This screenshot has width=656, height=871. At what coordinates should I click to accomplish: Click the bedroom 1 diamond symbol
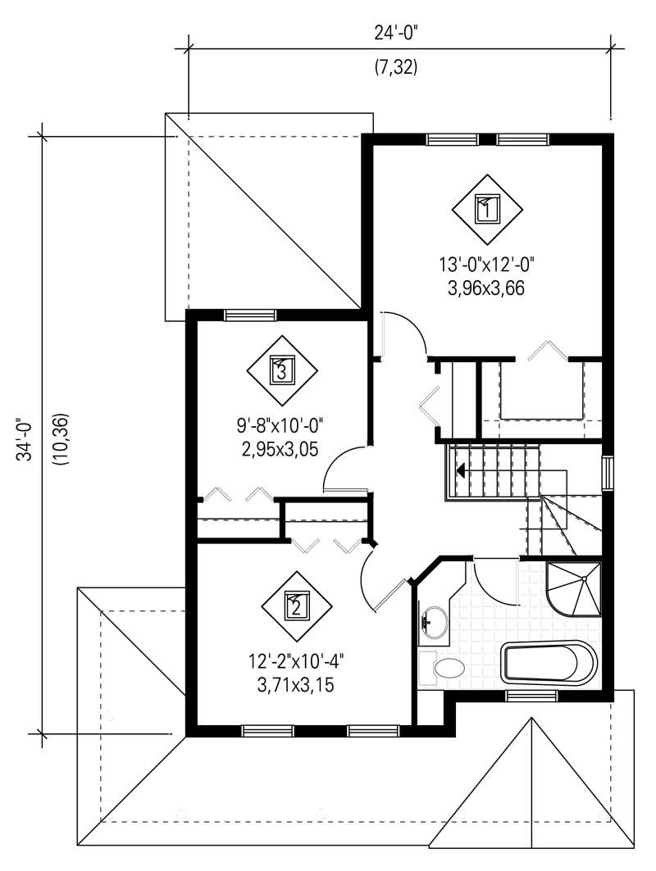click(487, 209)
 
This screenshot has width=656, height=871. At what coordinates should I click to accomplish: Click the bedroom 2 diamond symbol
click(296, 606)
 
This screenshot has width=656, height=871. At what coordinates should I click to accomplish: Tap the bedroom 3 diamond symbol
click(281, 370)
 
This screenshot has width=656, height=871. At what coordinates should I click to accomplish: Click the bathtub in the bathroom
click(550, 662)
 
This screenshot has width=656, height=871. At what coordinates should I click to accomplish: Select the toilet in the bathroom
click(444, 667)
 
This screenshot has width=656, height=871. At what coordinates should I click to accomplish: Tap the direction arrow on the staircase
click(461, 470)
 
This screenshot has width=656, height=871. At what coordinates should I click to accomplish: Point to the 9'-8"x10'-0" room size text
click(281, 426)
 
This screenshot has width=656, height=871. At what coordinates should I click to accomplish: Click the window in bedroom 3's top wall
click(250, 315)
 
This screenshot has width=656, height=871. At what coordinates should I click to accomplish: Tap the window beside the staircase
click(607, 474)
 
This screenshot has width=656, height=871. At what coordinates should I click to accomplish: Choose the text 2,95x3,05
click(281, 448)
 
